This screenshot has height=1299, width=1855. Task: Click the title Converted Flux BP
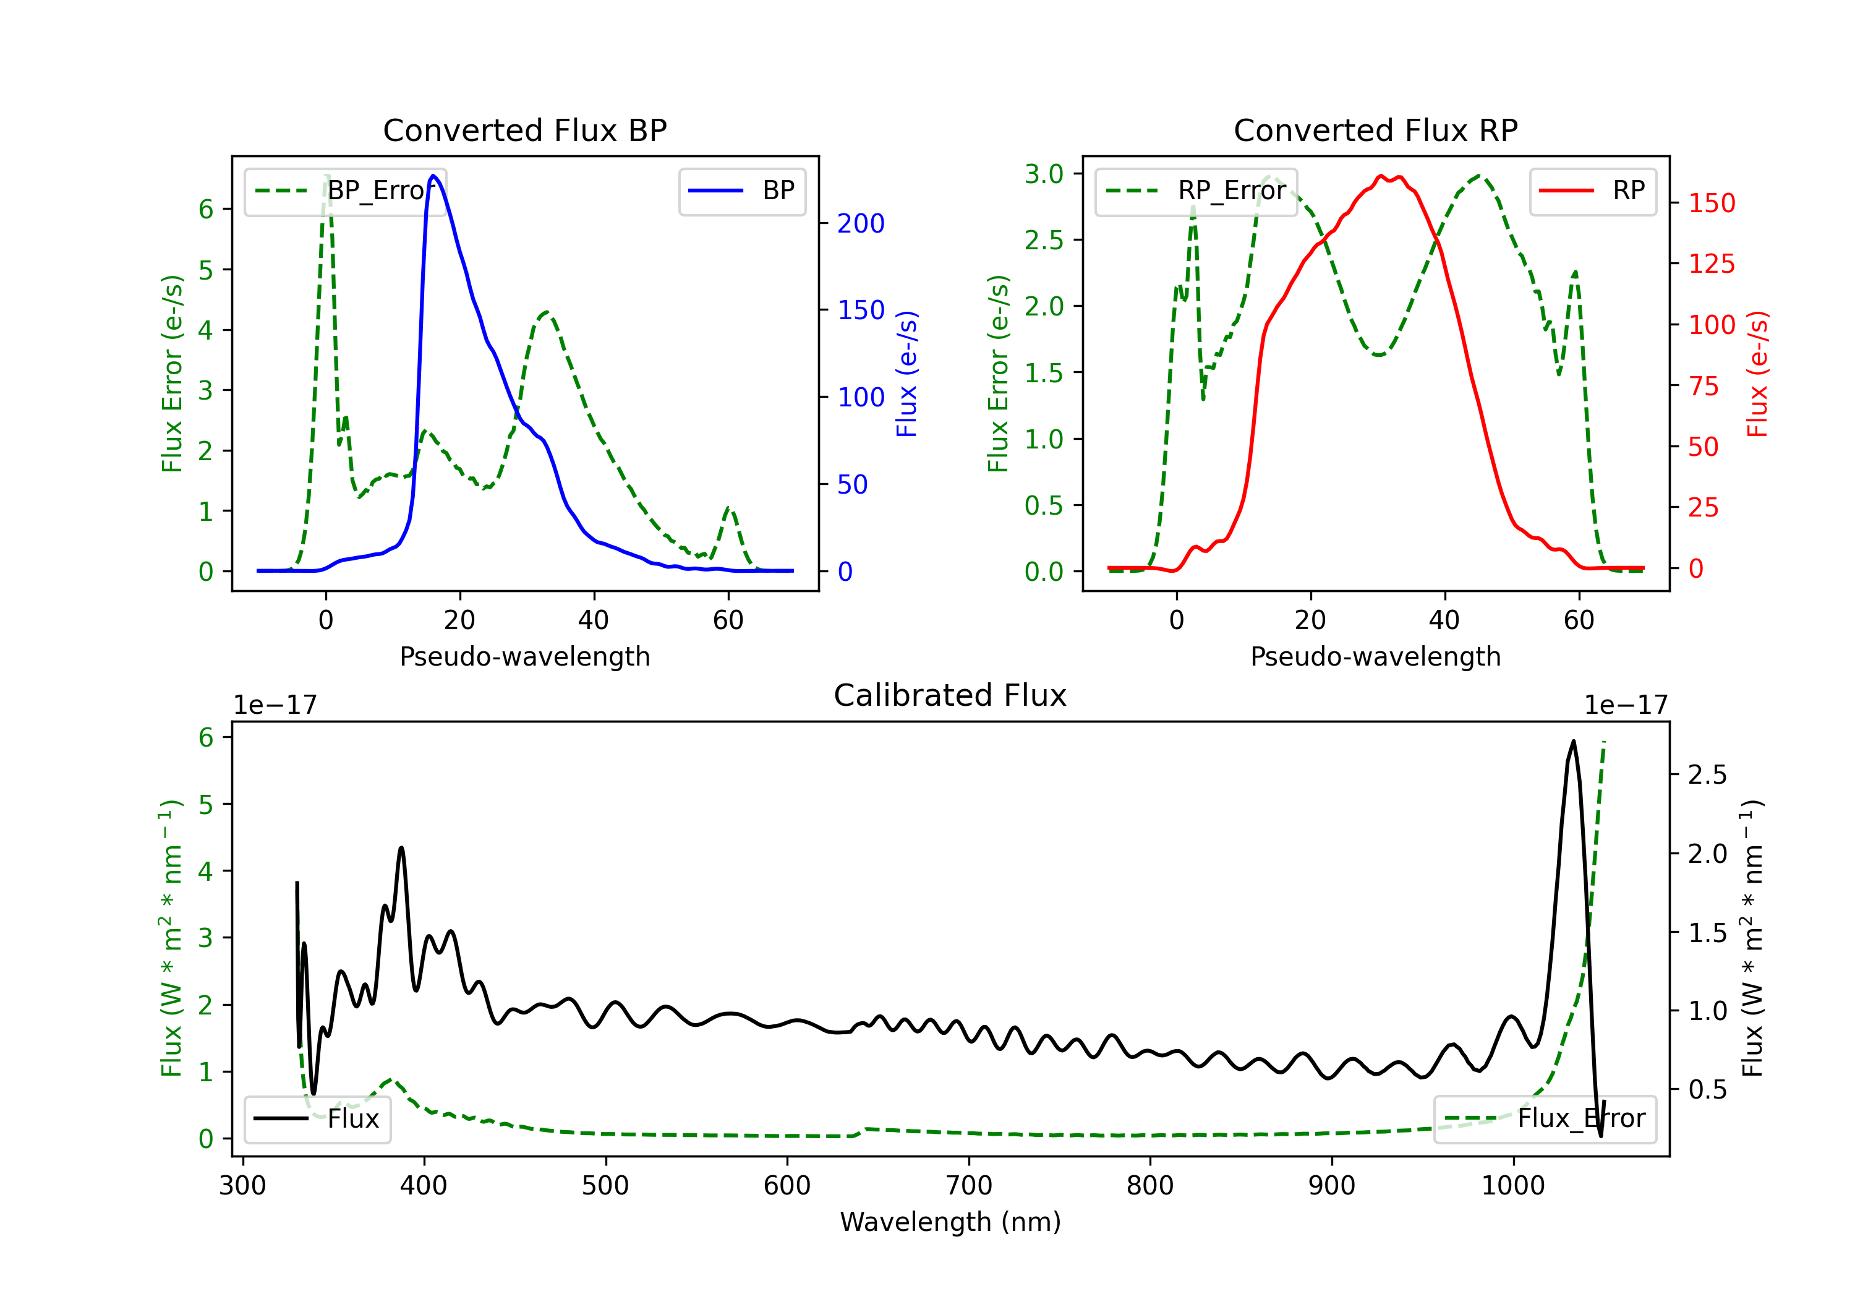pyautogui.click(x=524, y=130)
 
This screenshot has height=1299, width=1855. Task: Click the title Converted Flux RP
pyautogui.click(x=1375, y=130)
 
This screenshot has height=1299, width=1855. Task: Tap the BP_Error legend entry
pyautogui.click(x=345, y=191)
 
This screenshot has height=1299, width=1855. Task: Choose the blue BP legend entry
pyautogui.click(x=741, y=191)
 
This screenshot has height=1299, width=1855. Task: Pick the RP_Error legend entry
pyautogui.click(x=1196, y=191)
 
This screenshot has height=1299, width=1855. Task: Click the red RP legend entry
pyautogui.click(x=1592, y=191)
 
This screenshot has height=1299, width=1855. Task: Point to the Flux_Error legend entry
pyautogui.click(x=1545, y=1119)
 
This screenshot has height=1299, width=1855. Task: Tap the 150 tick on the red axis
pyautogui.click(x=1711, y=203)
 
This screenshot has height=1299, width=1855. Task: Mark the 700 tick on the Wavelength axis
pyautogui.click(x=968, y=1186)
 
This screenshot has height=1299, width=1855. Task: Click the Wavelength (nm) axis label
pyautogui.click(x=950, y=1222)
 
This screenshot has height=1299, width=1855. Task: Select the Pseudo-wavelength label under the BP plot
pyautogui.click(x=524, y=656)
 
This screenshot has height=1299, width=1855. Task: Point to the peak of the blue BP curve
pyautogui.click(x=433, y=176)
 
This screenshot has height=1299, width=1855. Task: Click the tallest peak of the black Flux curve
pyautogui.click(x=1572, y=740)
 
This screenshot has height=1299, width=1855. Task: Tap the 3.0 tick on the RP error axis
pyautogui.click(x=1044, y=174)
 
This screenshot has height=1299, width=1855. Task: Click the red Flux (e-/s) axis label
pyautogui.click(x=1757, y=374)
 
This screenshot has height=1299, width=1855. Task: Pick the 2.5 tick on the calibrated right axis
pyautogui.click(x=1707, y=775)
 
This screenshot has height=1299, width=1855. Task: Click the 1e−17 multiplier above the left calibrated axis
pyautogui.click(x=275, y=705)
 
